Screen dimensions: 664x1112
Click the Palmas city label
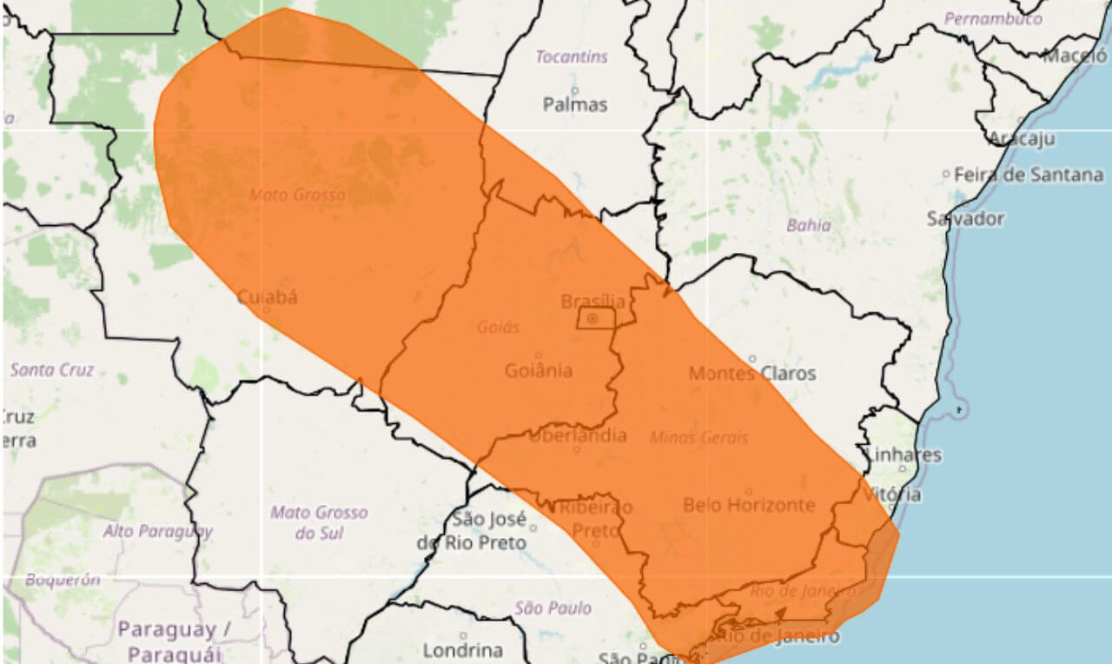coord(574,104)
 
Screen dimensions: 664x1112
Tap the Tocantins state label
coord(571,57)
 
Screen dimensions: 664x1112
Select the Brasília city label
coord(592,302)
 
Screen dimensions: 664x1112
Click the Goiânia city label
coord(538,370)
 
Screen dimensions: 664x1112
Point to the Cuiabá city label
coord(267,297)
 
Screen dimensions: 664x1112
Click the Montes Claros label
coord(752,373)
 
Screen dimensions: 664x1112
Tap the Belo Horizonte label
coord(749,505)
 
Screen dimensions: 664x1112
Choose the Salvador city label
coord(965,218)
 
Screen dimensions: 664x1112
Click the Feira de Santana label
coord(1029,175)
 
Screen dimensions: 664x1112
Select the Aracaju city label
coord(1022,138)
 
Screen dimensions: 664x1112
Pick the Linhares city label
coord(903,455)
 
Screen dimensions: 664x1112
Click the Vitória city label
coord(892,494)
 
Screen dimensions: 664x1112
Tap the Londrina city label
coord(462,650)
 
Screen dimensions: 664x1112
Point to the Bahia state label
coord(808,226)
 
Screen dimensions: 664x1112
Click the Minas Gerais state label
coord(698,438)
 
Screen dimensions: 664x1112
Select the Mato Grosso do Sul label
coord(318,522)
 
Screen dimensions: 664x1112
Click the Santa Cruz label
coord(50,370)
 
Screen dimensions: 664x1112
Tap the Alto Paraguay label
coord(157,531)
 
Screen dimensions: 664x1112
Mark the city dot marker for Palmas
coord(574,90)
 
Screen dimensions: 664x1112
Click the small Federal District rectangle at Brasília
coord(596,319)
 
